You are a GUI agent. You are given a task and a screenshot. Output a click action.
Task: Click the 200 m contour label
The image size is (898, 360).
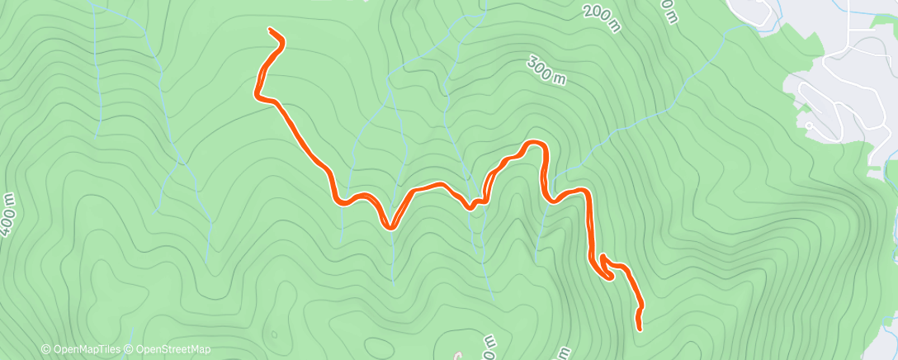click(x=601, y=19)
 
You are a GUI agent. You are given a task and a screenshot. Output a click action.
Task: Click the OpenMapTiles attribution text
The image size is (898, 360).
click(x=86, y=349)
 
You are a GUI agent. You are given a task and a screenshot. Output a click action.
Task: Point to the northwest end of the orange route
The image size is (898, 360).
click(x=271, y=31)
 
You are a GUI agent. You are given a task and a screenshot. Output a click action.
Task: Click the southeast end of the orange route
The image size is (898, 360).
click(x=640, y=329)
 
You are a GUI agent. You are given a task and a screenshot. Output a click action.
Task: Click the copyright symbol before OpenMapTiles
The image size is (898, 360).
click(x=46, y=349)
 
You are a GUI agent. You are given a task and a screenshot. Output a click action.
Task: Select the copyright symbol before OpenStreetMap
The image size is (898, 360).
click(x=130, y=349)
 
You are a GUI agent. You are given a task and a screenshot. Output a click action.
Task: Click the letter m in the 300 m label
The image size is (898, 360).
click(x=560, y=79)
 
